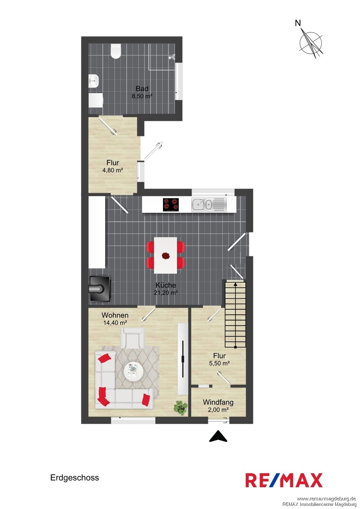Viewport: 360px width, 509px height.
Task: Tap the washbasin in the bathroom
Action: (93, 81)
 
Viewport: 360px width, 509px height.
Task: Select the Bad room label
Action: (142, 88)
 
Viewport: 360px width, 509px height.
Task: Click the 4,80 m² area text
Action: (112, 170)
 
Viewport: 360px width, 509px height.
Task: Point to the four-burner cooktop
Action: (171, 205)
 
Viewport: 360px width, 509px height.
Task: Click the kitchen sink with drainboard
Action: (209, 205)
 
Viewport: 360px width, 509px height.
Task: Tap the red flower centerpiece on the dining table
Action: (166, 256)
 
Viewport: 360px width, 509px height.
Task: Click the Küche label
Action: (165, 285)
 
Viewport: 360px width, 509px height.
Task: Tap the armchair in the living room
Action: (132, 338)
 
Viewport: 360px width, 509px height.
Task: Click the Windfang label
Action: (218, 402)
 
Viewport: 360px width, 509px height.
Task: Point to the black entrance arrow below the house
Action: (218, 436)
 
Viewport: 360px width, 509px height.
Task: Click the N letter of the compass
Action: (298, 23)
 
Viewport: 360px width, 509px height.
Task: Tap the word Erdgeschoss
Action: (75, 477)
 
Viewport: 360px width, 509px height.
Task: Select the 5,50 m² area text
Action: (219, 363)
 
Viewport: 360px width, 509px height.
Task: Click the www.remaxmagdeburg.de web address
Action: (326, 499)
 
